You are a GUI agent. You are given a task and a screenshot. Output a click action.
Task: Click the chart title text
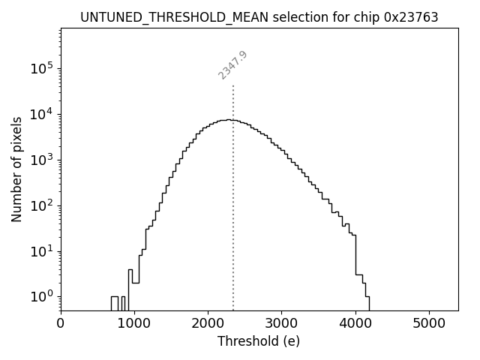click(x=259, y=17)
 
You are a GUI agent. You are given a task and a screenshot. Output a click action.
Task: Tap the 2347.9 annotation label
click(x=233, y=65)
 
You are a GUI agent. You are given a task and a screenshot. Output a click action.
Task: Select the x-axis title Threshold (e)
click(x=259, y=341)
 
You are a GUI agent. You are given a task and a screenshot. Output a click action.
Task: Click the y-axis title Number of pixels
click(x=16, y=169)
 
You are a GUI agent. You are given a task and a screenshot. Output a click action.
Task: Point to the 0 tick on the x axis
click(x=61, y=324)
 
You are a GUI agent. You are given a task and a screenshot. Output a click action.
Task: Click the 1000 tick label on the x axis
click(x=134, y=324)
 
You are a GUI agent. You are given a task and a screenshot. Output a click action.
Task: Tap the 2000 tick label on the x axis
click(x=208, y=324)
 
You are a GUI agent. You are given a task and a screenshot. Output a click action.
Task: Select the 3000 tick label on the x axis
click(x=281, y=324)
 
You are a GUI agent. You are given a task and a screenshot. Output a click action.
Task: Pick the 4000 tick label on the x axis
click(x=355, y=324)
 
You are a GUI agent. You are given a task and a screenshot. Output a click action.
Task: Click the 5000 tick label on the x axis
click(x=428, y=324)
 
